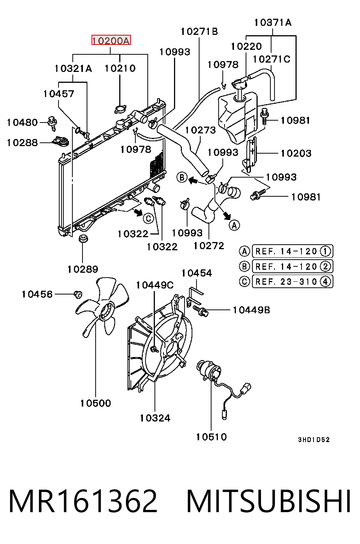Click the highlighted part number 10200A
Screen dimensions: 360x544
[x=111, y=40]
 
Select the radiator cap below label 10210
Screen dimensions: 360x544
[x=120, y=109]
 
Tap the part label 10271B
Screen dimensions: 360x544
[x=199, y=31]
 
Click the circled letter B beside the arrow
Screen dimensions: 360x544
[x=182, y=177]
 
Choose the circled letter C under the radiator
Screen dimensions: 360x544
[x=148, y=218]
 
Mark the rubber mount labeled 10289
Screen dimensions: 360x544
[x=83, y=238]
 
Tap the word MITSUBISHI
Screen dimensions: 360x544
[x=268, y=501]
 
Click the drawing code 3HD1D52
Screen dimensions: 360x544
[x=314, y=439]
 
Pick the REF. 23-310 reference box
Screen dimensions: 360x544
[x=292, y=281]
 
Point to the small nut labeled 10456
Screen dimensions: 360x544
[x=78, y=294]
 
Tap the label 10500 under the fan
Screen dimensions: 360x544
[x=96, y=403]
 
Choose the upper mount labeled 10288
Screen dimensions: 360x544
[x=61, y=141]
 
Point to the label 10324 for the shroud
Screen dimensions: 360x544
[x=155, y=418]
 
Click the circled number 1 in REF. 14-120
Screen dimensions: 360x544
[x=325, y=251]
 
